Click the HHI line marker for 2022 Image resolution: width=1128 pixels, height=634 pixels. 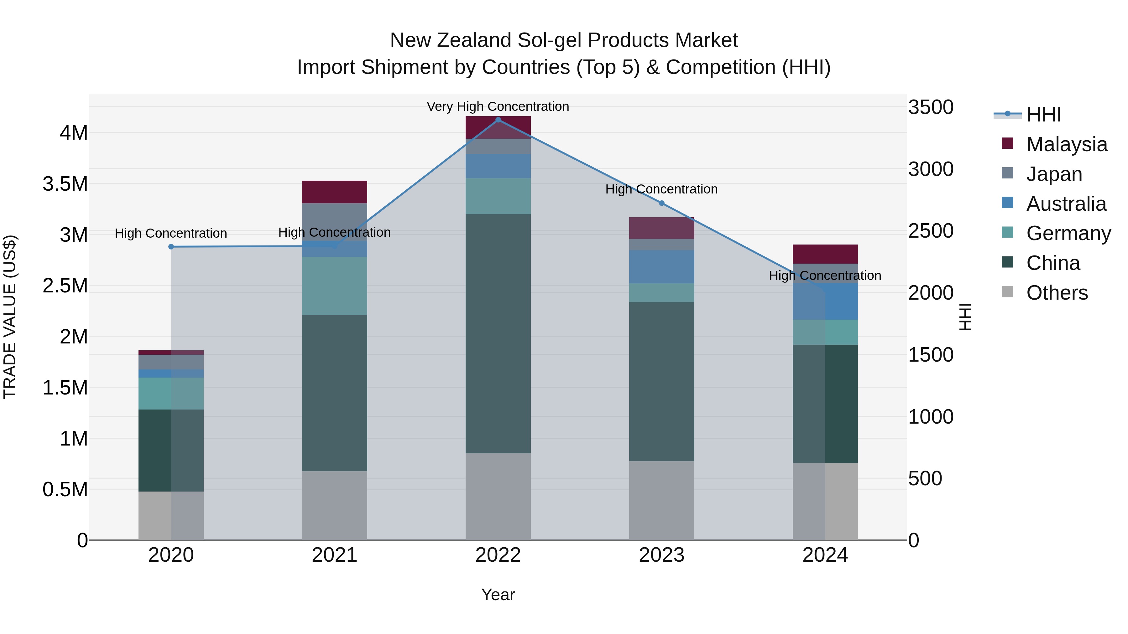point(498,120)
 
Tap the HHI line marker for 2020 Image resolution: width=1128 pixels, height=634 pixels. point(171,247)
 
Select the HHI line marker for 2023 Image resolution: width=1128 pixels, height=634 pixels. point(662,203)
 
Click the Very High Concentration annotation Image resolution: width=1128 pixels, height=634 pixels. point(498,106)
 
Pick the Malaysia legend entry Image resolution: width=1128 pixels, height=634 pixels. point(1066,144)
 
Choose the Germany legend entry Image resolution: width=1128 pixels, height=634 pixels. point(1068,233)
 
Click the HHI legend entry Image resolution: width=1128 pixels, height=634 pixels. point(1043,115)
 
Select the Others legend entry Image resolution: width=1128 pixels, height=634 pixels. point(1057,293)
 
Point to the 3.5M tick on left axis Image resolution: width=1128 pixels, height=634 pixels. point(65,184)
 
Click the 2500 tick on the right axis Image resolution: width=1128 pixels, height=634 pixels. point(931,231)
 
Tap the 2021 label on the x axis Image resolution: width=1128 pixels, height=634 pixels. point(335,555)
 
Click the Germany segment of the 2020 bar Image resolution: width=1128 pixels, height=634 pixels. point(171,393)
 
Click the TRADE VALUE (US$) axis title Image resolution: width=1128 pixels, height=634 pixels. point(10,317)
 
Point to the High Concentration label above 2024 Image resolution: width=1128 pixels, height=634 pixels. point(825,276)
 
